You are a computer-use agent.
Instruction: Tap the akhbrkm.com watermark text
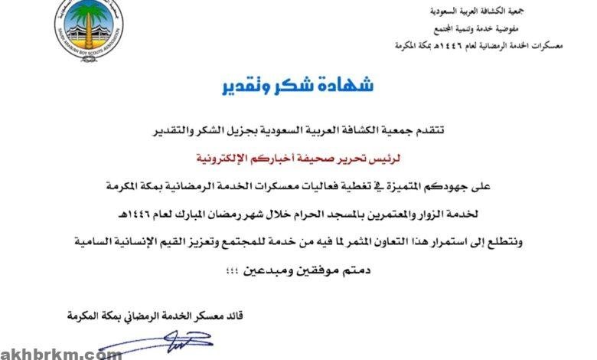coord(61,353)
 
